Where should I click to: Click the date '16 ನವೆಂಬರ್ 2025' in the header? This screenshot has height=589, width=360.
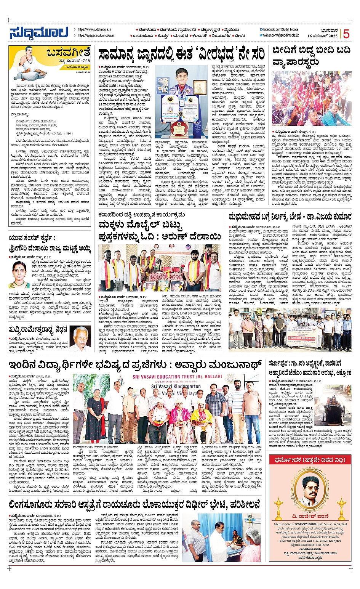pos(322,36)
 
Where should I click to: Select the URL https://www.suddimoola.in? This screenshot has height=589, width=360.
pos(94,29)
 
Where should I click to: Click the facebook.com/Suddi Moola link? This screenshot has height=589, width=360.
pos(280,29)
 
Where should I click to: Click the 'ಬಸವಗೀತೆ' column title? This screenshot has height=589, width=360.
pos(69,53)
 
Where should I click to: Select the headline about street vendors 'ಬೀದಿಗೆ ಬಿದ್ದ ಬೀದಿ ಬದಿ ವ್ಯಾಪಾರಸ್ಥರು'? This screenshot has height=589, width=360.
pos(311,56)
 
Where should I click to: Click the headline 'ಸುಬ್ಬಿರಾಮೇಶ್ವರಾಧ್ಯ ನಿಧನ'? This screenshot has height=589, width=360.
pos(38,329)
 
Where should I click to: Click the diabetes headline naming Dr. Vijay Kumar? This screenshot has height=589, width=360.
pos(290,217)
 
